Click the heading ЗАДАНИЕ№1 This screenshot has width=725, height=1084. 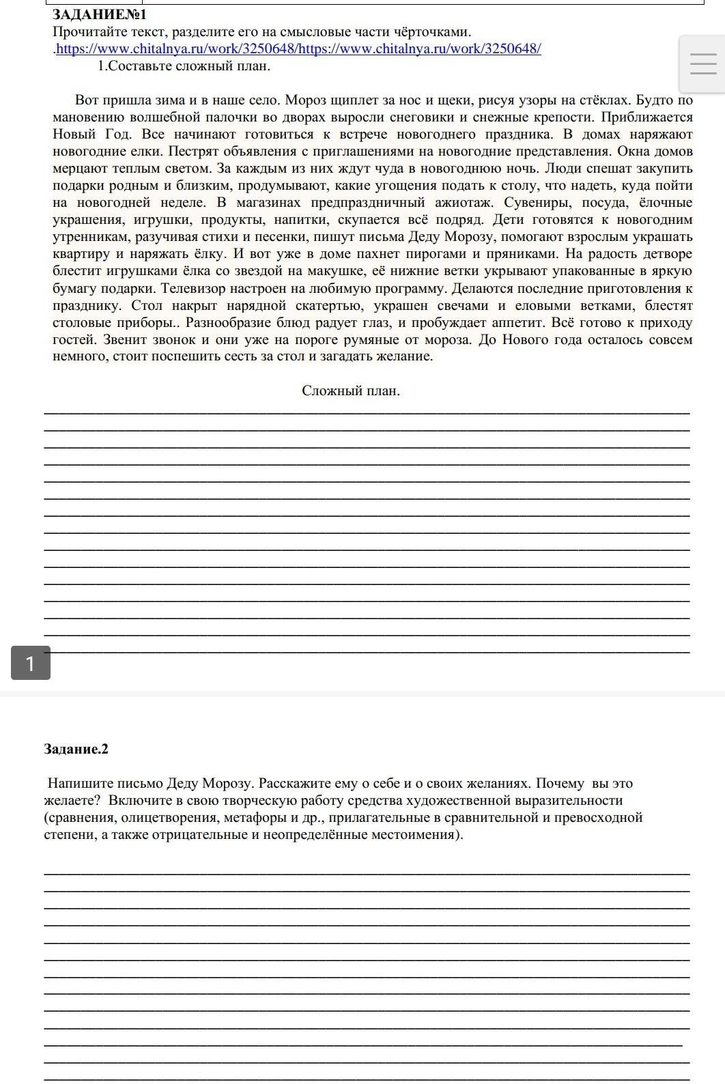coord(100,14)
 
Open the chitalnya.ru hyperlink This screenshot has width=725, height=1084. coord(298,49)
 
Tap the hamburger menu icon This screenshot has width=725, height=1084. coord(703,65)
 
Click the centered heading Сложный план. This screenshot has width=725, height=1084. coord(351,391)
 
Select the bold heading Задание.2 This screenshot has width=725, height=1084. coord(76,750)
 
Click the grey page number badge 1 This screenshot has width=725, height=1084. coord(30,663)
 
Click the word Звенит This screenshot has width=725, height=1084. coord(124,339)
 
